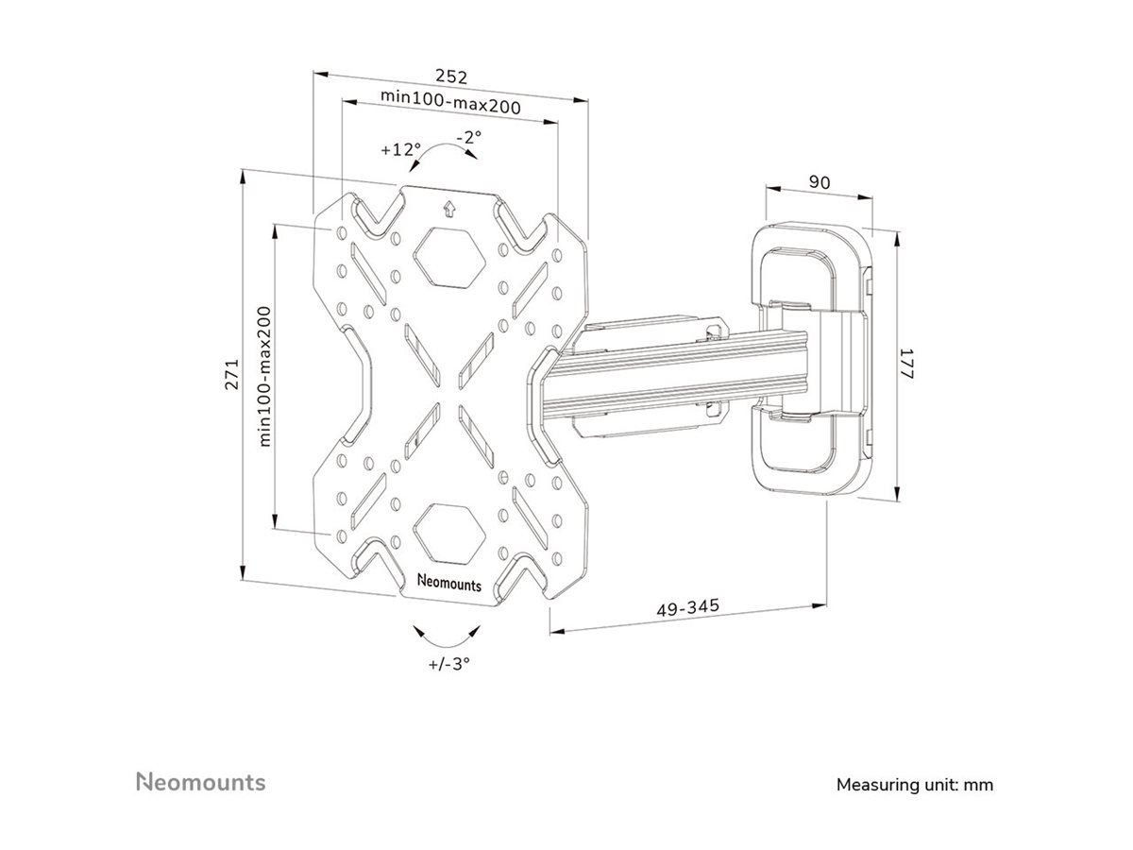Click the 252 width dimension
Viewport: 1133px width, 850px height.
[x=451, y=76]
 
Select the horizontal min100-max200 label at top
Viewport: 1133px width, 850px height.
[x=450, y=101]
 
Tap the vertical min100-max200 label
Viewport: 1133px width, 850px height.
[x=265, y=376]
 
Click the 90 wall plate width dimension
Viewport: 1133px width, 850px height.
[x=820, y=183]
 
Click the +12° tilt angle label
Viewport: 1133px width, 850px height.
[x=399, y=149]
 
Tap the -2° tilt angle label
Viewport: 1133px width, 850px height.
[x=468, y=137]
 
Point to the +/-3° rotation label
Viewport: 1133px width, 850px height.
[x=448, y=662]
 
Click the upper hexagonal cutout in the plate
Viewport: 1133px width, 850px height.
[x=449, y=256]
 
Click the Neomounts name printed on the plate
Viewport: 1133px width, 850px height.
[x=449, y=583]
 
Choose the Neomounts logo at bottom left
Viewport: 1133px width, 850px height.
[x=201, y=782]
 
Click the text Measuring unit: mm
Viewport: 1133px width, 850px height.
[x=915, y=785]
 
